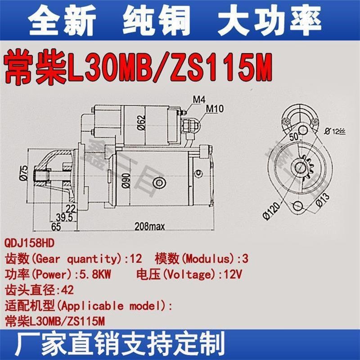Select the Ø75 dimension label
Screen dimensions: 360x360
[24, 173]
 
